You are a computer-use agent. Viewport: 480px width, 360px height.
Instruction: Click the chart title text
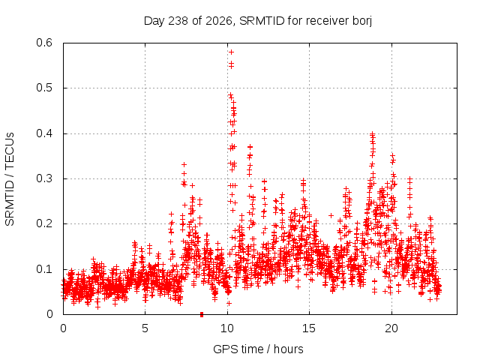click(258, 21)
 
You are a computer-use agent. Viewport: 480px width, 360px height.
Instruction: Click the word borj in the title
click(362, 21)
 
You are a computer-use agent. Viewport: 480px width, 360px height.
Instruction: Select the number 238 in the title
click(178, 21)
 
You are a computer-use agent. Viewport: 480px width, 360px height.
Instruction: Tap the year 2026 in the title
click(219, 21)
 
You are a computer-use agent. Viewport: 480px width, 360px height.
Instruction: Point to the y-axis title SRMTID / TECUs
click(10, 179)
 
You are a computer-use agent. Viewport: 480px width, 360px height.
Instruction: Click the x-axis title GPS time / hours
click(258, 349)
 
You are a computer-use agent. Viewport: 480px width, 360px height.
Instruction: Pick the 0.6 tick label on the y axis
click(44, 43)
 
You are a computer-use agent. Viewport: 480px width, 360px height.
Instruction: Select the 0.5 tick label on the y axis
click(44, 88)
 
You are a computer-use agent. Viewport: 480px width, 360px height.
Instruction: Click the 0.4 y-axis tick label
click(44, 133)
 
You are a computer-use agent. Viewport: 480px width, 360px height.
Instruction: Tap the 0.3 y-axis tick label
click(44, 178)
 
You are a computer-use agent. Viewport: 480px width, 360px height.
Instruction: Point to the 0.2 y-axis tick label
click(44, 223)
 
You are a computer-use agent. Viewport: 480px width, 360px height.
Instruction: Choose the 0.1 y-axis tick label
click(44, 269)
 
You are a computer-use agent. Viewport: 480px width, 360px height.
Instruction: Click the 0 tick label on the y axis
click(49, 314)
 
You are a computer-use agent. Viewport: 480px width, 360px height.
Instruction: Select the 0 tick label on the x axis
click(63, 328)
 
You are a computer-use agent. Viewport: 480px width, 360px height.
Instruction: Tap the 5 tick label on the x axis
click(145, 328)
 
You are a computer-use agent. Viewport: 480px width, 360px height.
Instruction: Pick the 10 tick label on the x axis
click(227, 328)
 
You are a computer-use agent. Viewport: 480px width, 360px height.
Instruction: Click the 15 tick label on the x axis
click(309, 328)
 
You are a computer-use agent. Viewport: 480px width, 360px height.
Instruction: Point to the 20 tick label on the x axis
click(391, 328)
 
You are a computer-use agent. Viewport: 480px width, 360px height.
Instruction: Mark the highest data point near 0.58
click(232, 52)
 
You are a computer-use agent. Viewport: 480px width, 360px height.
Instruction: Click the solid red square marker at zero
click(202, 314)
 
